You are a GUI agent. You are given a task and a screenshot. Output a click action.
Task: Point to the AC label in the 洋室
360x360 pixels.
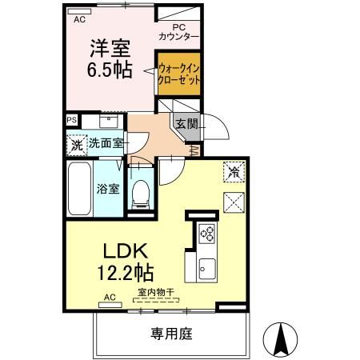pos(79,20)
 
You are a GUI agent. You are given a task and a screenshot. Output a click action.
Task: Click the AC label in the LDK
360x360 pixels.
pos(110,298)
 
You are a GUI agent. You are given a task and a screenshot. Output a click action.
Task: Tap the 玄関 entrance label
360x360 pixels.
pos(186,123)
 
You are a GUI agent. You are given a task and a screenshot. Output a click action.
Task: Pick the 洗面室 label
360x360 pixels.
pos(105,144)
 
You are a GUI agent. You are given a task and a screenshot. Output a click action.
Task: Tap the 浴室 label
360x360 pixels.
pos(108,189)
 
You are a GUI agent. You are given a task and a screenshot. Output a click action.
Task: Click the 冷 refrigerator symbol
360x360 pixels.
pos(234,171)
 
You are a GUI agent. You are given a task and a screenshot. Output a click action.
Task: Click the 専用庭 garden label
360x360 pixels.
pos(174,333)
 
